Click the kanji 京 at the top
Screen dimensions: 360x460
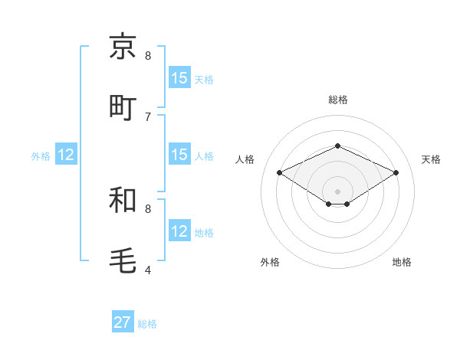[x=123, y=47]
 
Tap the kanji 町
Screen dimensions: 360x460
[x=123, y=107]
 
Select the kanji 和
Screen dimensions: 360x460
[x=123, y=200]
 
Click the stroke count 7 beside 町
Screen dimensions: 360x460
[x=148, y=116]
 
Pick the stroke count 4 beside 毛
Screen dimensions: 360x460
[x=148, y=270]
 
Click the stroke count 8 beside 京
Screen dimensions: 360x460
[x=148, y=55]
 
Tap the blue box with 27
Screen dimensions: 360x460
[x=123, y=322]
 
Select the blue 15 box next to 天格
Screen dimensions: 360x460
[x=179, y=78]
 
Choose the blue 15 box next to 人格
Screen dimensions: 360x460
[x=179, y=155]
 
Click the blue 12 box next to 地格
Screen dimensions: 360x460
[x=179, y=231]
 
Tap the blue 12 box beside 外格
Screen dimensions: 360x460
[x=66, y=155]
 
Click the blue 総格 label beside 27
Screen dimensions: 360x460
[x=147, y=324]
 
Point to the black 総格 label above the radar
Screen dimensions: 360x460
[x=337, y=100]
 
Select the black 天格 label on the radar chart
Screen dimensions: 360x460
[x=431, y=159]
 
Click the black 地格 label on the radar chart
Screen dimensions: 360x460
[x=402, y=262]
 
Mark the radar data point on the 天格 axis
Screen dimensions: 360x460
[x=396, y=173]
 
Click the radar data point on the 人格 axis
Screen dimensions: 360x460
[x=280, y=173]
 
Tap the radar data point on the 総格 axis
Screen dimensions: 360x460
[x=337, y=145]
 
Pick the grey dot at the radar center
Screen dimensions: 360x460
[x=337, y=191]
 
